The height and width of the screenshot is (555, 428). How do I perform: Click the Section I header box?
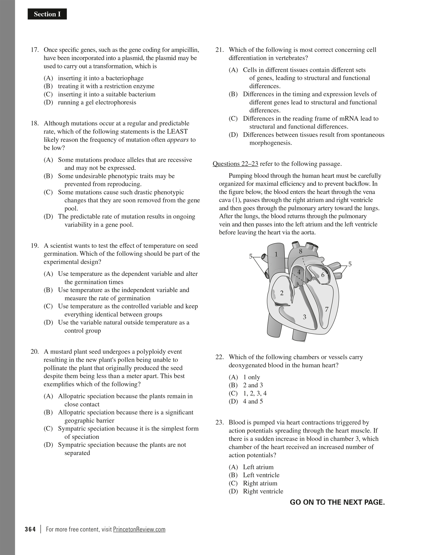click(x=47, y=14)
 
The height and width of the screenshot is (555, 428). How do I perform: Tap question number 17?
click(x=35, y=50)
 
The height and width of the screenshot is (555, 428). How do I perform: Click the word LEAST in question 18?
click(x=177, y=131)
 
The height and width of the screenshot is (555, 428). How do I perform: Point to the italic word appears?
click(x=178, y=140)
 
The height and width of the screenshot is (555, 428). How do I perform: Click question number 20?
click(x=35, y=352)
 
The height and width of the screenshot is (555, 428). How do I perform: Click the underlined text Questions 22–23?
click(x=235, y=164)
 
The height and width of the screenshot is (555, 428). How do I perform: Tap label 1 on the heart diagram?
click(x=276, y=254)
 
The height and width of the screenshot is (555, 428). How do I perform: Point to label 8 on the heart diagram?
click(x=300, y=252)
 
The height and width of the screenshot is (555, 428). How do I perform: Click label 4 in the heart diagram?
click(x=299, y=272)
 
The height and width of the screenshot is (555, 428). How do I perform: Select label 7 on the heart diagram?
click(x=327, y=309)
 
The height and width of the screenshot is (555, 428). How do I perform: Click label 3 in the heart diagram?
click(x=304, y=317)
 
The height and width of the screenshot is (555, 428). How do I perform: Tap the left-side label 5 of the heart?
click(x=251, y=256)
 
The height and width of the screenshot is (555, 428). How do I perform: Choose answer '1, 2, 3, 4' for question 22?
click(x=255, y=393)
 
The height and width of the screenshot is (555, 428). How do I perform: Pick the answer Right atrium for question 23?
click(x=260, y=483)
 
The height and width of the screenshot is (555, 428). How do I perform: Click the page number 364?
click(x=30, y=529)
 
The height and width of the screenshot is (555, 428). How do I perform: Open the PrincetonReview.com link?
click(x=139, y=529)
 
